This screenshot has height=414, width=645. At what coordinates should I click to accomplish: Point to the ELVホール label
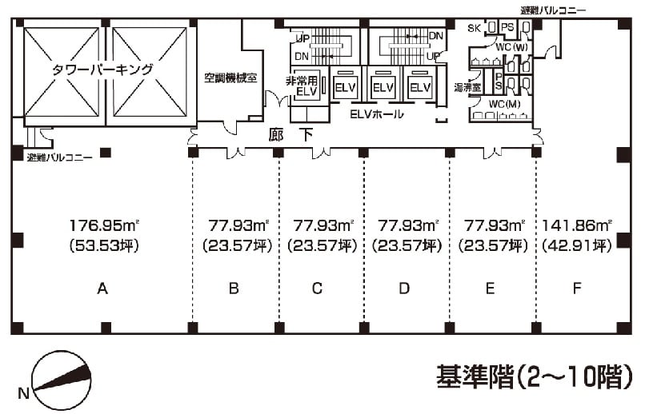pos(377,114)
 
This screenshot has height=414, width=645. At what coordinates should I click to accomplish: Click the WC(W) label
pos(511,47)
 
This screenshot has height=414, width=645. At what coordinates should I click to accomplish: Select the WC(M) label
pos(505,103)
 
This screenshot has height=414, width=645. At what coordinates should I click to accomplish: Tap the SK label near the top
pos(474,27)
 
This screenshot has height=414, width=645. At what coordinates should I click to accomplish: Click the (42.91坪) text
pos(577,245)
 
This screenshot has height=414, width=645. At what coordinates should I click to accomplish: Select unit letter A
pos(102,289)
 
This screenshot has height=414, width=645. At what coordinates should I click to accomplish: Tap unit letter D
pos(404,289)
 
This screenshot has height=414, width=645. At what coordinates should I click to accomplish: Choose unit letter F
pos(577,289)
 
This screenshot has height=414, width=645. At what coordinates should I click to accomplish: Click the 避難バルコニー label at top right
pos(553,10)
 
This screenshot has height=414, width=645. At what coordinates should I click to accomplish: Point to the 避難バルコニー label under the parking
pos(59,157)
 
